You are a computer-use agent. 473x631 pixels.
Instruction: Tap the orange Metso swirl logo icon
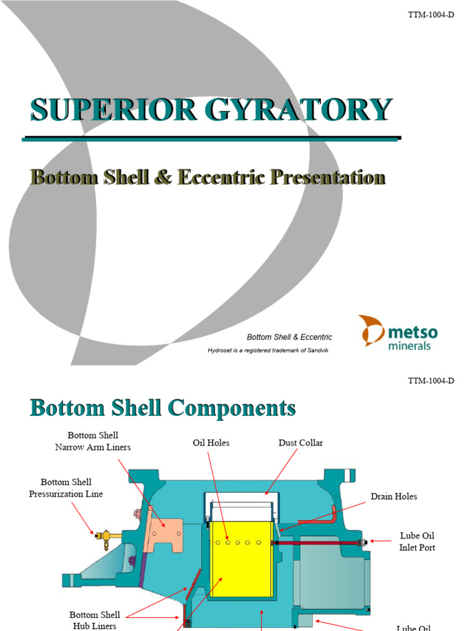(372, 330)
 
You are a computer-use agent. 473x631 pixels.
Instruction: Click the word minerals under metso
(409, 346)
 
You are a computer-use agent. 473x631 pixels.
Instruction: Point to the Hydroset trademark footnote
(270, 351)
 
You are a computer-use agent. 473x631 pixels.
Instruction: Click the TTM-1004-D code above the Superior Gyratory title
(431, 15)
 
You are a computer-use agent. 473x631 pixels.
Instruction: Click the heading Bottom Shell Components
(163, 408)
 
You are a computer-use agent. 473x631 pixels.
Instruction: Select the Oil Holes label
(211, 443)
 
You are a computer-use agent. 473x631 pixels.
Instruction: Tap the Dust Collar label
(300, 443)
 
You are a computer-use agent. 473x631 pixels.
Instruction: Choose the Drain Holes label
(394, 497)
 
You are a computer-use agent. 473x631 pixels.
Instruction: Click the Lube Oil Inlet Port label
(417, 542)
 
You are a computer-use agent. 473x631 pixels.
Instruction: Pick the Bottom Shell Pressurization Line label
(66, 488)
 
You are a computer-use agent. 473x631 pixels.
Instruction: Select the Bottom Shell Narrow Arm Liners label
(93, 442)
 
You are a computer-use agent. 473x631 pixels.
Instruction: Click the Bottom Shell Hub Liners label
(94, 620)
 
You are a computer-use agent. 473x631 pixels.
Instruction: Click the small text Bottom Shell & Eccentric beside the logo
(289, 337)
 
